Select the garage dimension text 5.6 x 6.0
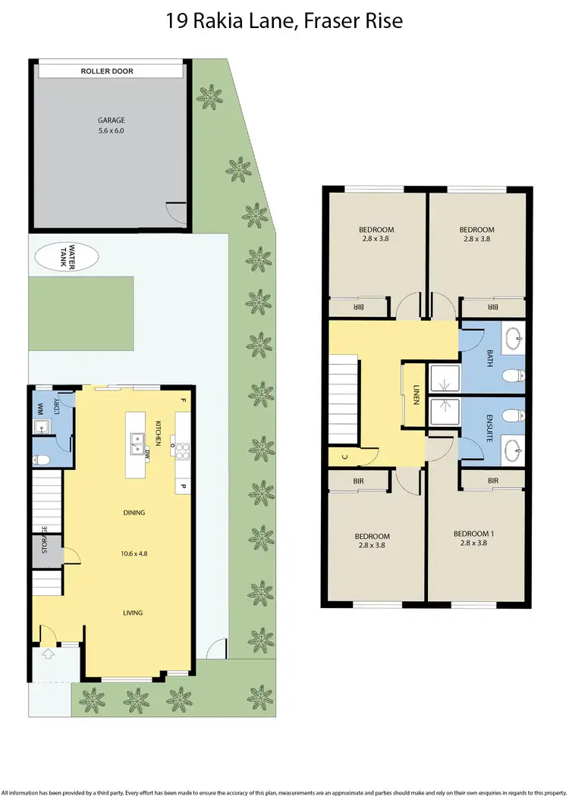click(x=111, y=130)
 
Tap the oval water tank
click(x=66, y=255)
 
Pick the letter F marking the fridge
click(x=182, y=400)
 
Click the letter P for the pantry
click(x=182, y=485)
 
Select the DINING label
click(x=134, y=513)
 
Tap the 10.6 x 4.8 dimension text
click(x=134, y=553)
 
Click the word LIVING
click(x=134, y=613)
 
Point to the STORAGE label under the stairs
click(x=46, y=540)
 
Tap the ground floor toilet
click(x=42, y=459)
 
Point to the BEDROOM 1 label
click(x=474, y=534)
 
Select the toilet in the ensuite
click(x=517, y=415)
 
